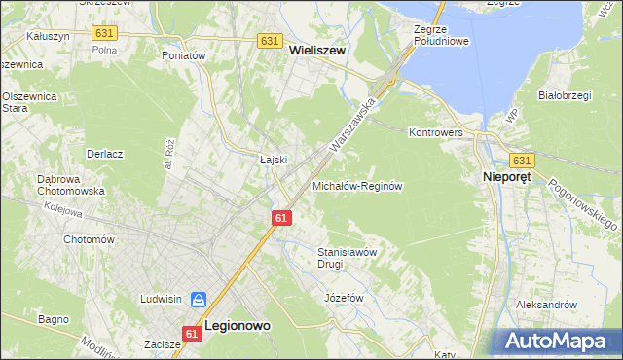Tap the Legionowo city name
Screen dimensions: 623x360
coord(237,326)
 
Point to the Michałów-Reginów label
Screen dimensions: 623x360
coord(357,185)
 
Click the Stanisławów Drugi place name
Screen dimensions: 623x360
coord(348,257)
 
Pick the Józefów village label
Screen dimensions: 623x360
coord(343,297)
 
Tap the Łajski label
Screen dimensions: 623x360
coord(272,160)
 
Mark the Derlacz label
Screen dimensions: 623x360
coord(104,154)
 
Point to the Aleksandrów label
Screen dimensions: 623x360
coord(547,305)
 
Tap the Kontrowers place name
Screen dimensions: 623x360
coord(434,131)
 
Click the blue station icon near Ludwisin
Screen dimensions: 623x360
coord(198,300)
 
